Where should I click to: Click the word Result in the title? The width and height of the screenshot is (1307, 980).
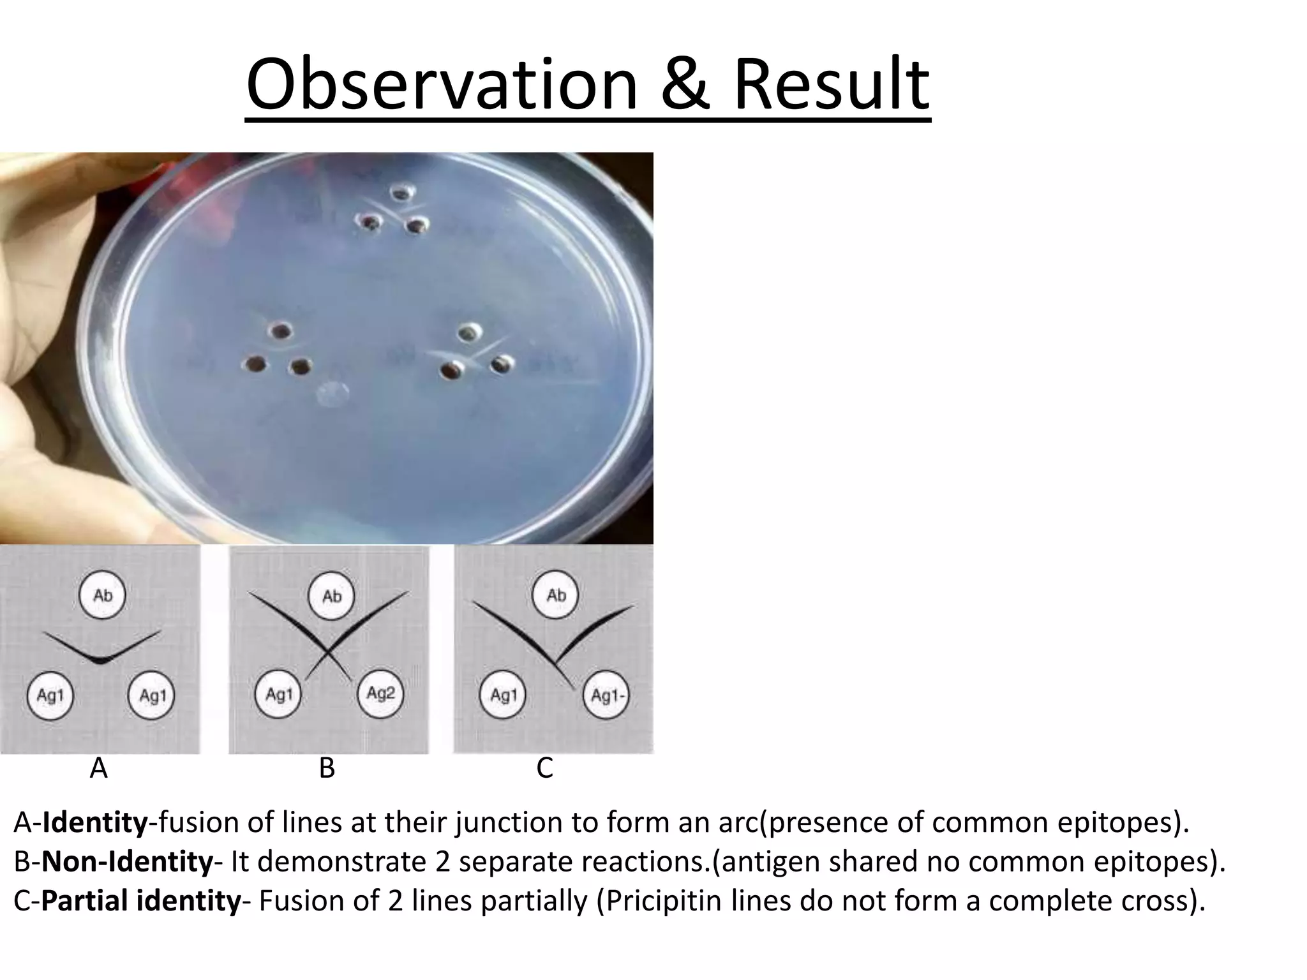[832, 85]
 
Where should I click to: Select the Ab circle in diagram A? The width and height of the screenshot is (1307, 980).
[102, 595]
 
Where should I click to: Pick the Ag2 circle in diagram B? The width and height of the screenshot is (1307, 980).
[380, 694]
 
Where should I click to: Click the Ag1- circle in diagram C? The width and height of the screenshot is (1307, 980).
[606, 695]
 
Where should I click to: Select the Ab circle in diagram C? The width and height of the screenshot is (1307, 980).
[556, 595]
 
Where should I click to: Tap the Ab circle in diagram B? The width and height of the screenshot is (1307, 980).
[331, 596]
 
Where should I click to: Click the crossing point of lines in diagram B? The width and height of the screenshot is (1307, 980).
[328, 652]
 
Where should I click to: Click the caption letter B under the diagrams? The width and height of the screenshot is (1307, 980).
[327, 769]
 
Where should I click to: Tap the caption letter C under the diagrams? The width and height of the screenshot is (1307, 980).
[544, 769]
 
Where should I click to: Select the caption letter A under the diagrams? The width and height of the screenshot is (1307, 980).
[98, 769]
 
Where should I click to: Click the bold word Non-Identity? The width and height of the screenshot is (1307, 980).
[128, 862]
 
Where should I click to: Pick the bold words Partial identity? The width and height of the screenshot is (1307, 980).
[141, 901]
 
